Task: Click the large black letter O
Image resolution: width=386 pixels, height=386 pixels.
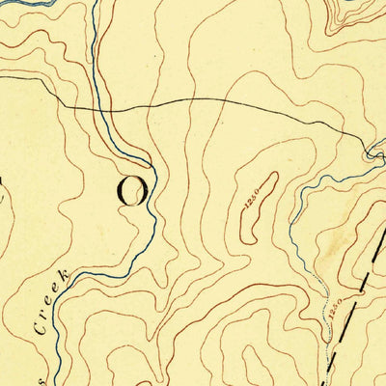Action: click(x=132, y=190)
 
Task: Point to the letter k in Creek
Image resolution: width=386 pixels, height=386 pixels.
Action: click(x=64, y=278)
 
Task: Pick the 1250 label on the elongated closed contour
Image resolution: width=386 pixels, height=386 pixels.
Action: click(x=252, y=201)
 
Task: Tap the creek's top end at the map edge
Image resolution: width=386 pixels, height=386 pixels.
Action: click(x=97, y=2)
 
